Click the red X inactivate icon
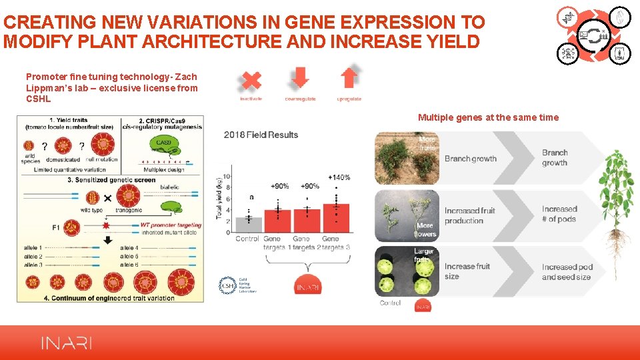pos(251,81)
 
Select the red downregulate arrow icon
pos(300,79)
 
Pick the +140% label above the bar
pos(339,177)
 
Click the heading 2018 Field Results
pos(261,135)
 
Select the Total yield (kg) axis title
pos(219,197)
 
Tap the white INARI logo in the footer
pos(67,343)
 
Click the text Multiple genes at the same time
pos(488,117)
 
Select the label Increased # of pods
pos(559,214)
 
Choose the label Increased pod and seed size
pos(567,272)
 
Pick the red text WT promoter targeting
pos(171,225)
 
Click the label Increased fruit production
pos(469,215)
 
